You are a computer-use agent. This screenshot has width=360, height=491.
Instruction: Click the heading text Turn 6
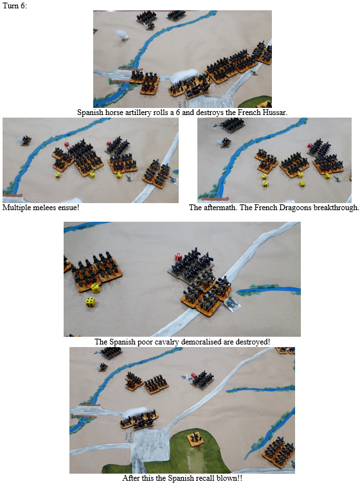coord(15,6)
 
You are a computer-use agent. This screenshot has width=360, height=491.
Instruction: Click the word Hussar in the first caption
coord(276,112)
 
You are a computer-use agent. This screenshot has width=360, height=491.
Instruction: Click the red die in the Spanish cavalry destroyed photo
coord(178,257)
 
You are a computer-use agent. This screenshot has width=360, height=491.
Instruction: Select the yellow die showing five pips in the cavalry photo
coord(90,302)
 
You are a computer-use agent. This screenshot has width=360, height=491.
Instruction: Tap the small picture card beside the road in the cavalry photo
coord(233,303)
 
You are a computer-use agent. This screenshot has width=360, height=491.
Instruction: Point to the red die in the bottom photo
coord(194,375)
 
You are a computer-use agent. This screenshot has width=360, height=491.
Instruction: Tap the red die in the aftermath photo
coord(310,145)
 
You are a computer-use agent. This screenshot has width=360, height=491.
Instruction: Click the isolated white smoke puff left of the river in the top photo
coord(122,35)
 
